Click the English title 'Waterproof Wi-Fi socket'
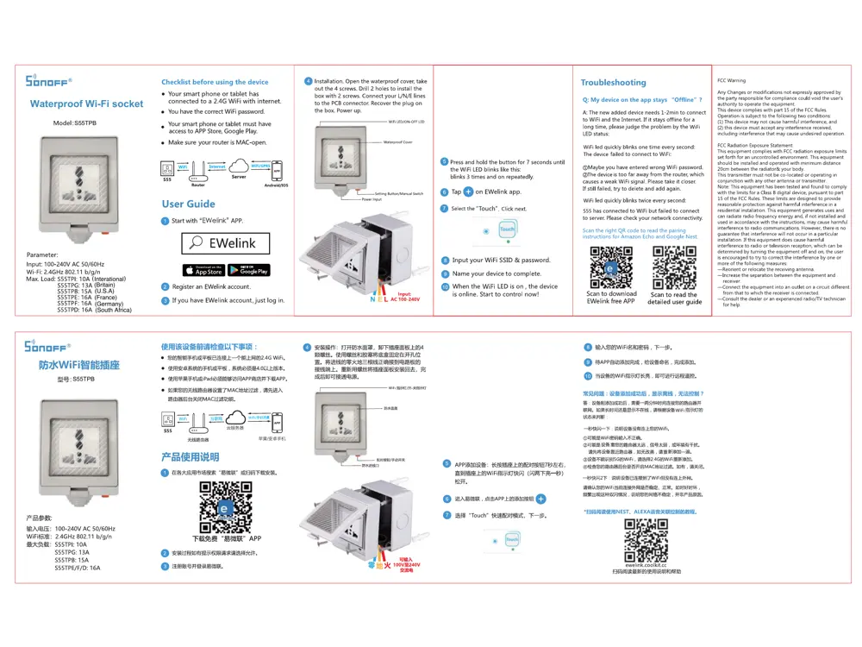(x=86, y=104)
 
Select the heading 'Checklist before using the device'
(x=215, y=83)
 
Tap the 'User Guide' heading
(x=188, y=204)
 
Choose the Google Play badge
(x=249, y=270)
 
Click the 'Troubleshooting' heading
(x=613, y=83)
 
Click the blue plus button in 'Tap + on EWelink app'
(x=468, y=192)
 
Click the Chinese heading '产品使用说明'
(x=190, y=456)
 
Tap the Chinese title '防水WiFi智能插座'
(x=78, y=366)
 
